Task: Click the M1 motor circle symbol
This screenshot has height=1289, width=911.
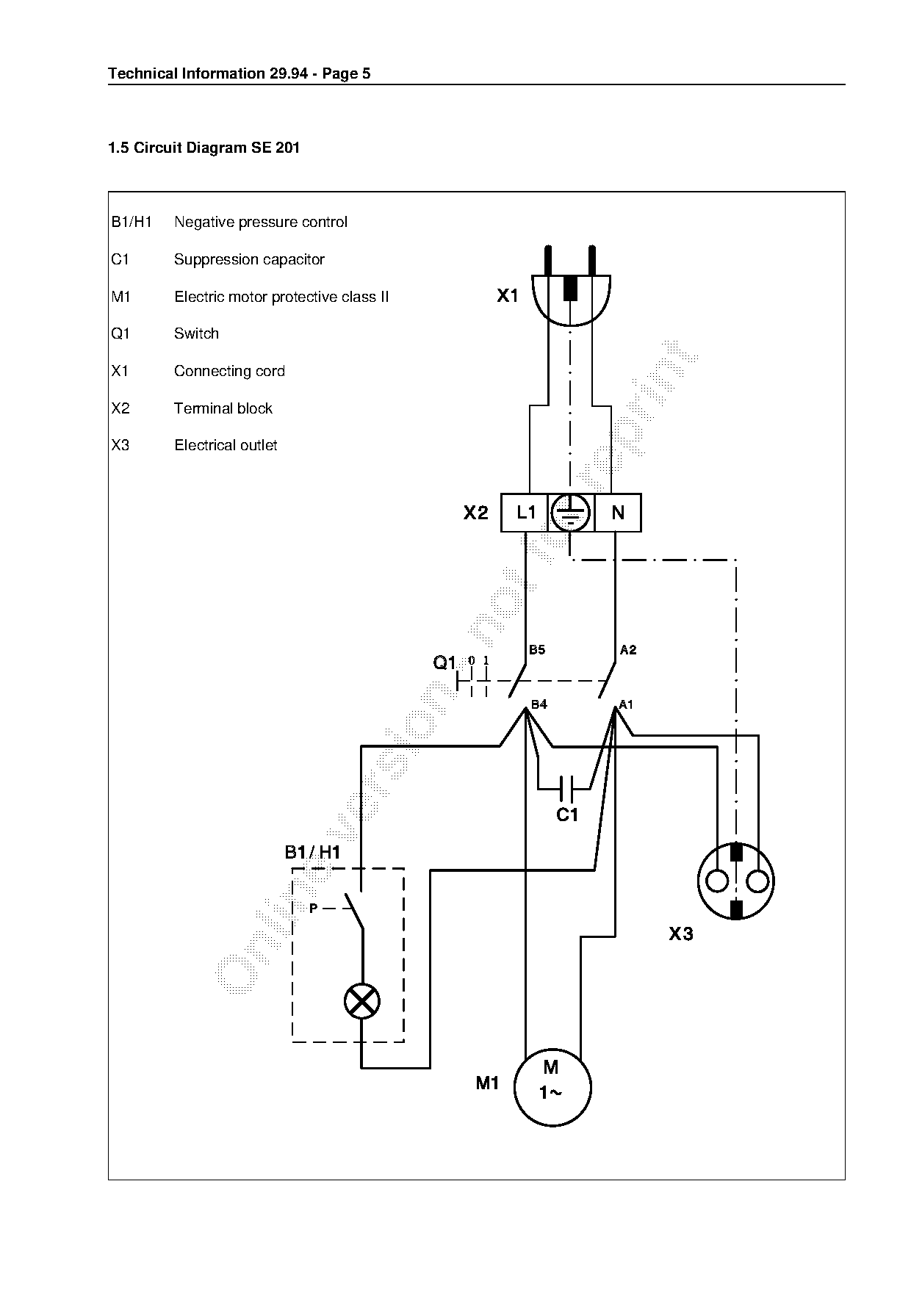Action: coord(552,1087)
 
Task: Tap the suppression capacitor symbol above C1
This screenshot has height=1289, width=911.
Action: coord(566,789)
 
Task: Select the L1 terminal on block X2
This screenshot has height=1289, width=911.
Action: coord(525,512)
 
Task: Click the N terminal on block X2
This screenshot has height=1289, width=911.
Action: coord(618,512)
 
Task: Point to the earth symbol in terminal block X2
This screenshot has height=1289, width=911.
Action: coord(571,512)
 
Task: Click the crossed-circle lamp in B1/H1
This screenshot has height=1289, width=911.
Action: coord(362,1002)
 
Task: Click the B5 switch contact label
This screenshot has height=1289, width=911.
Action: coord(537,649)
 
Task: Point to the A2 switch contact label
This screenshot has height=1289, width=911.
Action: coord(628,649)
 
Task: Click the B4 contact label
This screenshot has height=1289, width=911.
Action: coord(539,704)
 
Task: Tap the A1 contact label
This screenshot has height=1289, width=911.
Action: coord(626,704)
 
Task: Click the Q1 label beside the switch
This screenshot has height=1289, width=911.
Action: coord(444,663)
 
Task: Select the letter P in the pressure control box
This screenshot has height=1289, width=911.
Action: coord(313,909)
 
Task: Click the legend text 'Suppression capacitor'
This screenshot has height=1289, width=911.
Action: coord(249,259)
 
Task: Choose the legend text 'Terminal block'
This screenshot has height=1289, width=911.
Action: coord(223,408)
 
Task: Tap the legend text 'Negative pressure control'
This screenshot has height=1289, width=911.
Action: coord(261,222)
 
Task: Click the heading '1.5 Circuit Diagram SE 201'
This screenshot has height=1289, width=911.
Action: coord(204,148)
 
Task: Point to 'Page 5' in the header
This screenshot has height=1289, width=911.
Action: coord(346,73)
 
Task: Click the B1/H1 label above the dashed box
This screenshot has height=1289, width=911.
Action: coord(312,852)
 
